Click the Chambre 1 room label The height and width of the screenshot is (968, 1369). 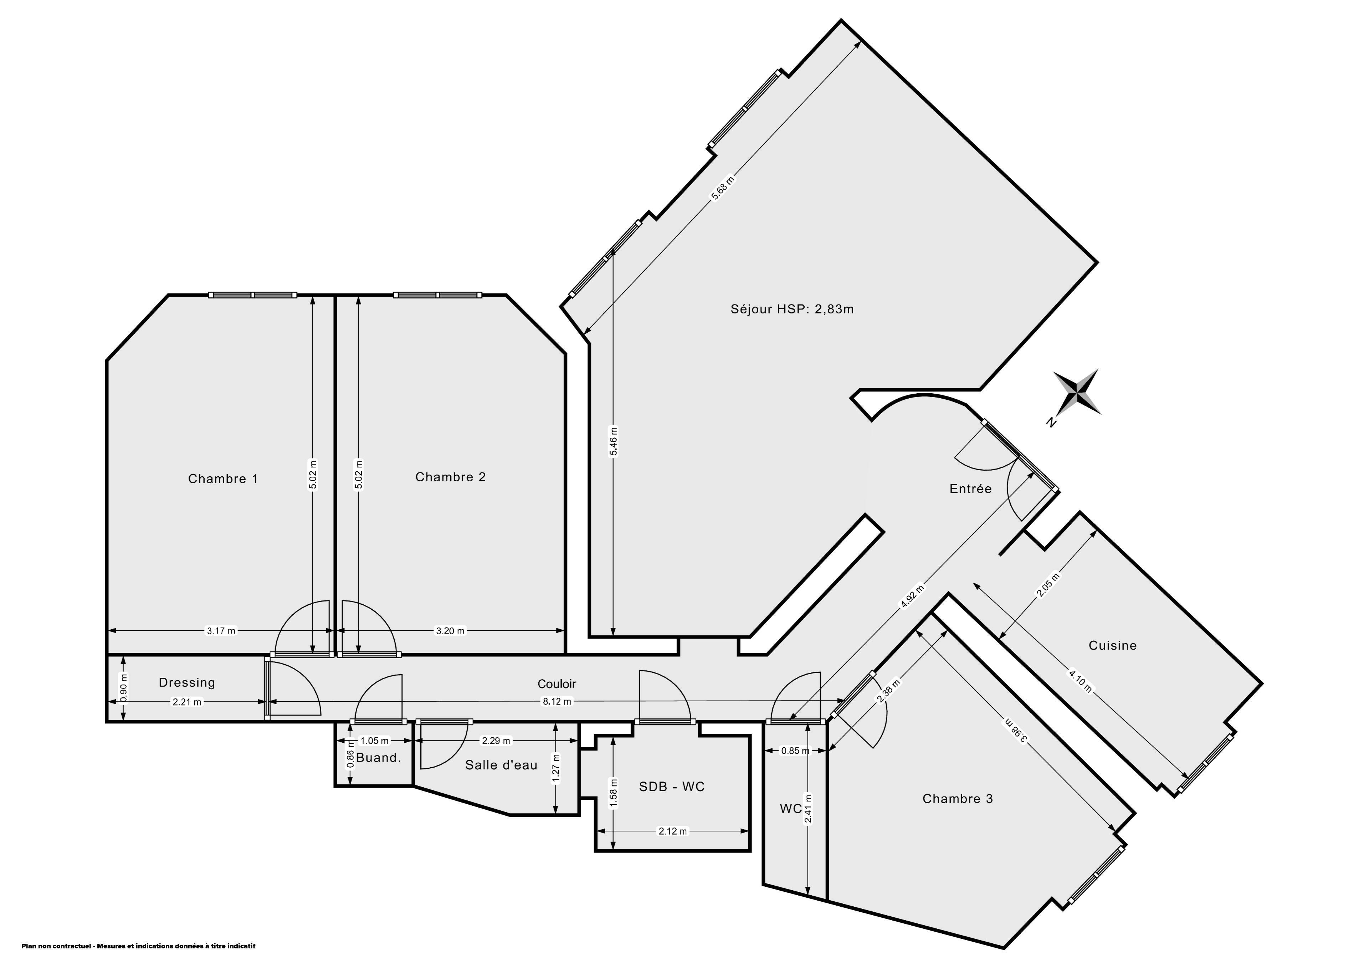point(223,479)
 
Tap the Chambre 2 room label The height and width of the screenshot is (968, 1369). point(450,477)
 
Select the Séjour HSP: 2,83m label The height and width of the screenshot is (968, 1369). point(792,309)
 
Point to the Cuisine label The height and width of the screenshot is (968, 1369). point(1113,645)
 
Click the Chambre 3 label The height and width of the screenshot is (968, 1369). point(958,799)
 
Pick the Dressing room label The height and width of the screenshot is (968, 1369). point(186,683)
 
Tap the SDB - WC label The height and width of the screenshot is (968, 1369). point(671,787)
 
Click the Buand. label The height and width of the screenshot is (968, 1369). point(378,758)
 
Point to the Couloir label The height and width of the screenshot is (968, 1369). point(557,684)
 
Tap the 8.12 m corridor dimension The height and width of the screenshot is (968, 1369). point(556,701)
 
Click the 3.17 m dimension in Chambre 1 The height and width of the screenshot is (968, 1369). point(221,630)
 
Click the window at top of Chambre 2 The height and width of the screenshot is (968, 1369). point(438,295)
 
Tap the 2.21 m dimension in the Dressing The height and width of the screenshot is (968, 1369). point(186,702)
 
